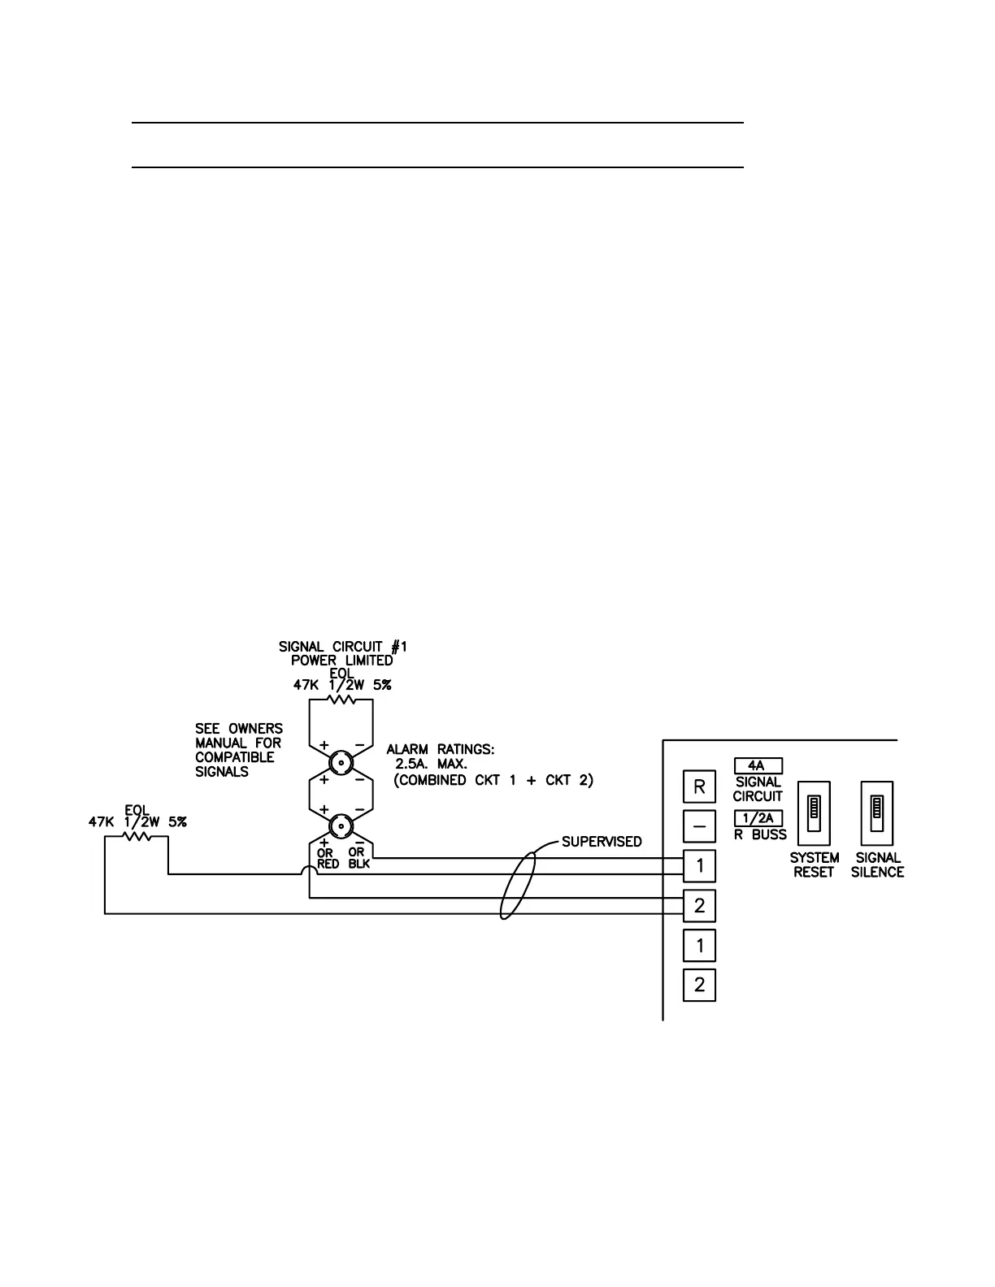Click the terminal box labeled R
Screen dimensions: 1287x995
click(x=699, y=786)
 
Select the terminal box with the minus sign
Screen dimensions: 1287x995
click(x=699, y=826)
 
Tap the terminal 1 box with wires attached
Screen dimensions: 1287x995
click(x=699, y=866)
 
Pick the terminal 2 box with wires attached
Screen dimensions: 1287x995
click(x=699, y=905)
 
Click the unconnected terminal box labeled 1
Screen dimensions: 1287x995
click(x=699, y=946)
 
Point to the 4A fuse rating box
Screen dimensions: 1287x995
click(x=757, y=765)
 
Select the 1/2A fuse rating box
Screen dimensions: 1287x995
click(x=757, y=818)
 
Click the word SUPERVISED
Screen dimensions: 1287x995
click(x=602, y=842)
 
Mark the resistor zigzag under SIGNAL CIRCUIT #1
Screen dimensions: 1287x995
click(x=341, y=699)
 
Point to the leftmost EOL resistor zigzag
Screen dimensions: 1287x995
click(x=137, y=836)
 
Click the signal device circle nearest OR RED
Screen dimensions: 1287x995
click(x=341, y=826)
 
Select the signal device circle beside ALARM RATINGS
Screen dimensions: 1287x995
click(x=341, y=762)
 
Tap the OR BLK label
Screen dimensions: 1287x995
click(x=358, y=858)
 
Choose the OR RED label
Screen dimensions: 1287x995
click(x=328, y=858)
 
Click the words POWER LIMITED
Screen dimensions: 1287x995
click(x=341, y=661)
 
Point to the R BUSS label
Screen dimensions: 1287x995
click(x=760, y=834)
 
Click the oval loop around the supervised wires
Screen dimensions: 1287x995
click(x=517, y=885)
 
